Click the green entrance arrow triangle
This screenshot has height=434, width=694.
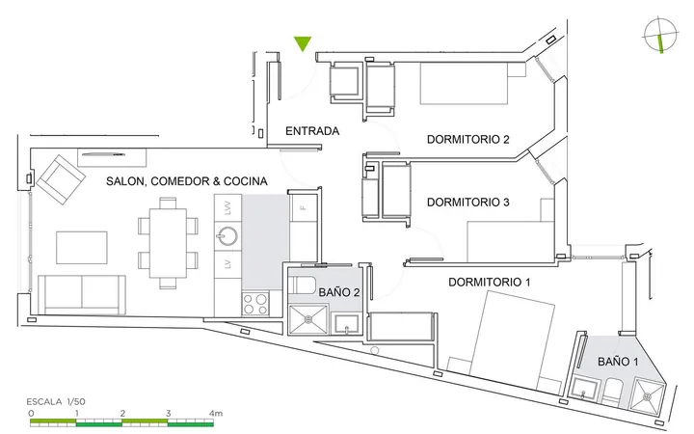303,43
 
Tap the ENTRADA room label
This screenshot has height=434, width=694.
312,131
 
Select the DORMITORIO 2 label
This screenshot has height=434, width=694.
467,140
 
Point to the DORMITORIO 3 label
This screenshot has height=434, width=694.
467,203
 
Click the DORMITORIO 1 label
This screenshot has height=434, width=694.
489,282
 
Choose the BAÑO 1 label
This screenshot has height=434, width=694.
618,362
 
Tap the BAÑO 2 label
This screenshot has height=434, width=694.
339,292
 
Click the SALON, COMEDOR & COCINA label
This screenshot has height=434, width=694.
187,181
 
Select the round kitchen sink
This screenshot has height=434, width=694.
227,236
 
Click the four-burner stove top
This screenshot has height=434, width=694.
255,304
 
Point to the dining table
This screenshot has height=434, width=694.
168,243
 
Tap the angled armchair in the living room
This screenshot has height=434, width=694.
61,179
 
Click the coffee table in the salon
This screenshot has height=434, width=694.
81,248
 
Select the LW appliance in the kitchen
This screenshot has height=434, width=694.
227,207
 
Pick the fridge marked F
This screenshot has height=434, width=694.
304,207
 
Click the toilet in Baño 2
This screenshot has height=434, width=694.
302,285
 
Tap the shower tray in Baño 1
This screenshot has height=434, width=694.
648,395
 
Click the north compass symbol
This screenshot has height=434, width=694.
660,36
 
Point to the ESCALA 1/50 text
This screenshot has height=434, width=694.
56,402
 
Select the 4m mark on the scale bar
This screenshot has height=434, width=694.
216,414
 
